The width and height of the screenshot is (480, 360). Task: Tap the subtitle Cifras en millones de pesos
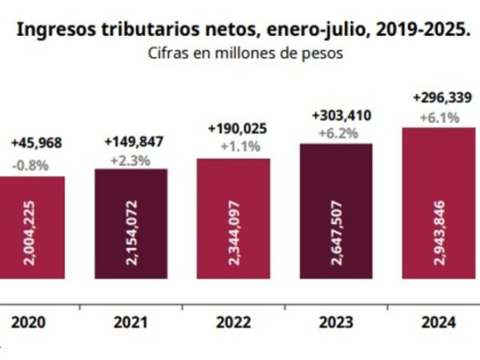[x=245, y=54]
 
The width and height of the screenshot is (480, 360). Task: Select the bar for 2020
[x=32, y=228]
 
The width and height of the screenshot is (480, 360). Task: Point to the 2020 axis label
[x=28, y=322]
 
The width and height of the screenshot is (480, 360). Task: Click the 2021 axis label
[x=130, y=322]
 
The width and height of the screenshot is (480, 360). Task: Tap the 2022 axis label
[x=233, y=322]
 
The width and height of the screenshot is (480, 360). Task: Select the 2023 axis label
[x=335, y=322]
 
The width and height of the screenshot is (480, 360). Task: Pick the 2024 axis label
[x=438, y=322]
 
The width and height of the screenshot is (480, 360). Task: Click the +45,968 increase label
[x=36, y=143]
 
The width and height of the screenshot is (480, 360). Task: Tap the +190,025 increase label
[x=237, y=128]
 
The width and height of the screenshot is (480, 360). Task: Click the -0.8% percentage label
[x=30, y=166]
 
